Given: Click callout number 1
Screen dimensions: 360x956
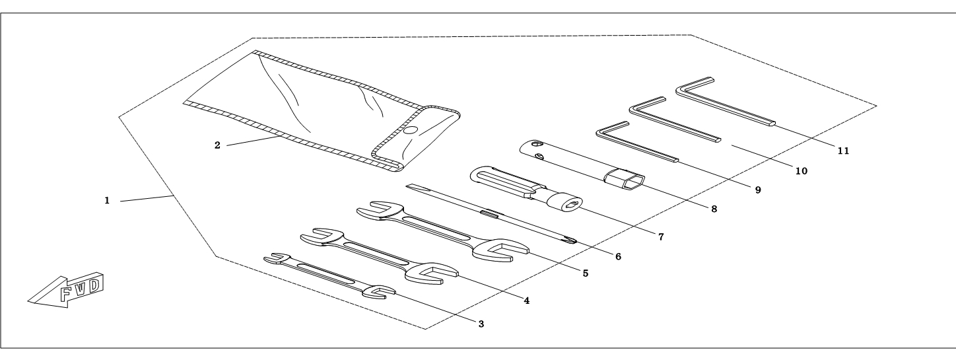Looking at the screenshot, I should [x=107, y=199].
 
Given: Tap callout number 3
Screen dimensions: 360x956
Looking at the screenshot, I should [x=481, y=324].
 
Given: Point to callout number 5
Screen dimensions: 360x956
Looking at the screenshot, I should [x=585, y=271].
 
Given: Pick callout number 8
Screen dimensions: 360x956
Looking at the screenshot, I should [x=713, y=209].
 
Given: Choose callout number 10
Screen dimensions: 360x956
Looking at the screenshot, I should [x=801, y=170].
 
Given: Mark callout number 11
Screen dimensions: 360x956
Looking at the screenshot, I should [x=842, y=151].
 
